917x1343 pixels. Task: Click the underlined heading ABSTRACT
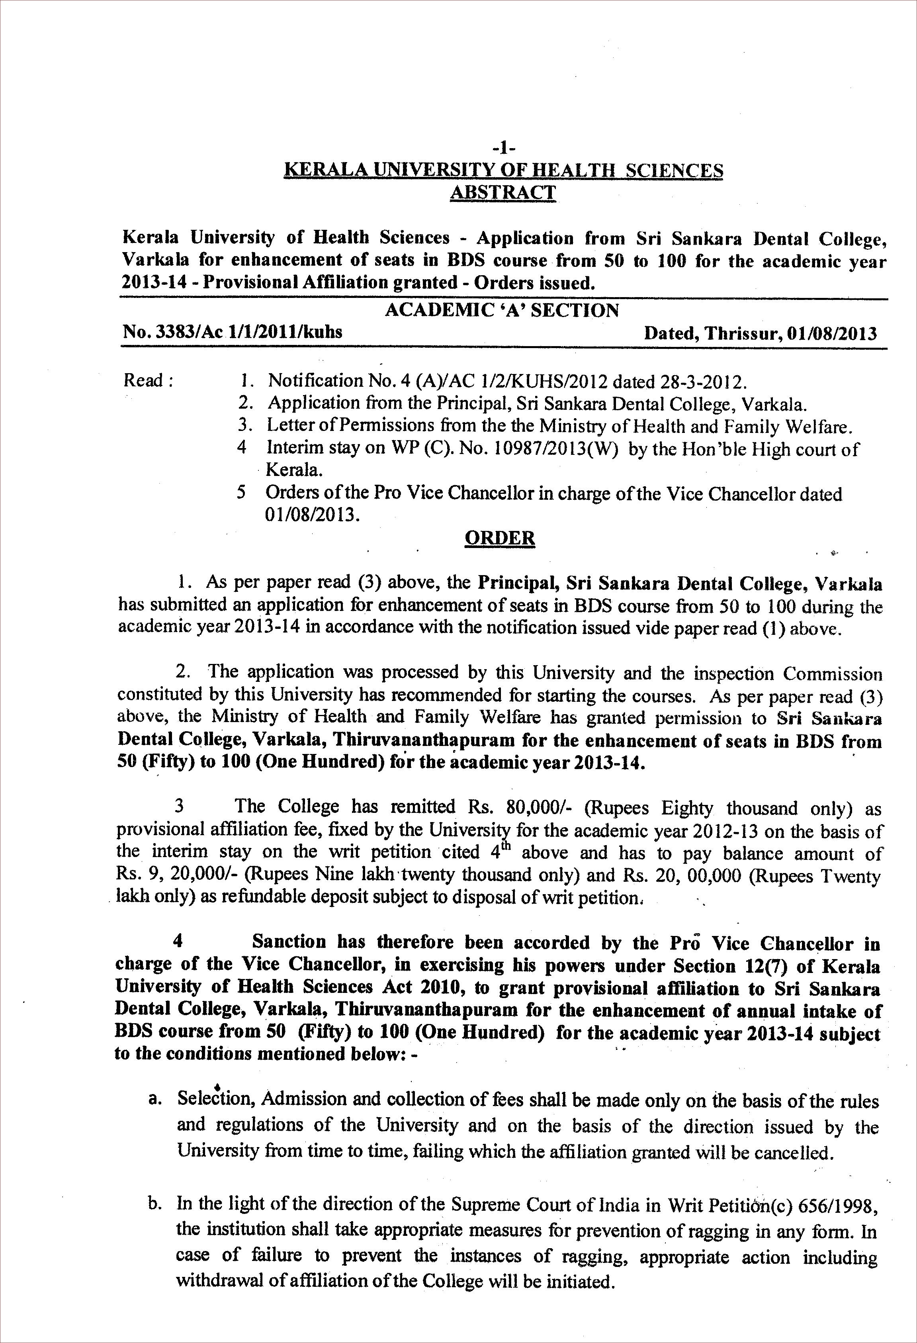pyautogui.click(x=502, y=192)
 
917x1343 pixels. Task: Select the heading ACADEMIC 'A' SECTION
pyautogui.click(x=502, y=310)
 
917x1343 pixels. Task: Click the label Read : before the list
pyautogui.click(x=149, y=381)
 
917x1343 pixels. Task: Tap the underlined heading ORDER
pyautogui.click(x=500, y=538)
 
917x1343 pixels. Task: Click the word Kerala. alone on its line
pyautogui.click(x=293, y=470)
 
